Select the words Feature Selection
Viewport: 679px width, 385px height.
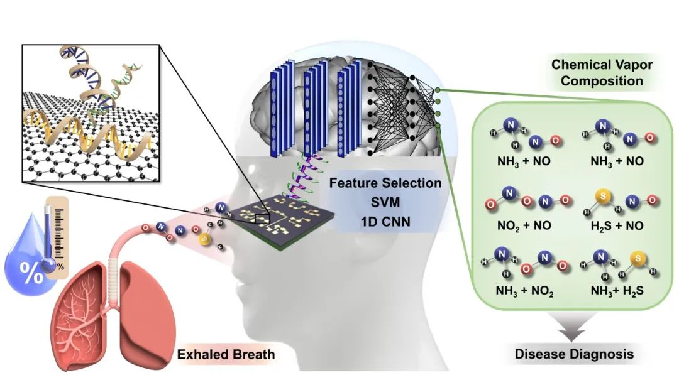[385, 184]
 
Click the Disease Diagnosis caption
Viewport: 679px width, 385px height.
[574, 354]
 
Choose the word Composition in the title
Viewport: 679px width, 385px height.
[602, 81]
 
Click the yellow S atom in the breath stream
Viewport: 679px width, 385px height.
[204, 239]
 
